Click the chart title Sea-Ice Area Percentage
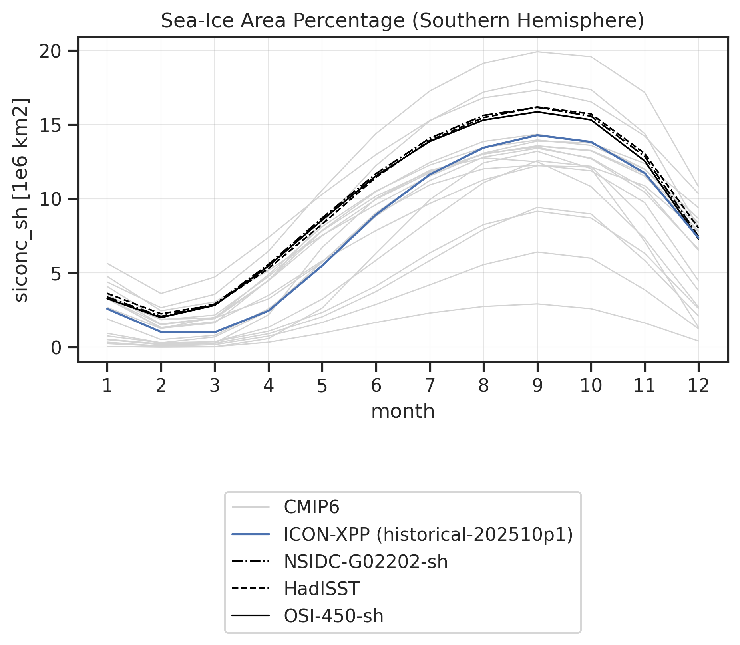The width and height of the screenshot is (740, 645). click(x=286, y=21)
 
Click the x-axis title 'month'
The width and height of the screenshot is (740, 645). click(x=403, y=411)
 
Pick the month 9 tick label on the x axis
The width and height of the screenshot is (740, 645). click(x=537, y=386)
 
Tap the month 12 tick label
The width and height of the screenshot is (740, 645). click(x=698, y=386)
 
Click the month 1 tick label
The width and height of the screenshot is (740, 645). click(x=107, y=386)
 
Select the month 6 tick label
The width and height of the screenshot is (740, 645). click(x=376, y=386)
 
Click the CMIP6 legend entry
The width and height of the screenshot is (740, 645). click(x=312, y=508)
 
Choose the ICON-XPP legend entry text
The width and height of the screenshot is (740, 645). click(x=428, y=535)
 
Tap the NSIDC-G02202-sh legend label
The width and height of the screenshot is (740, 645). click(x=366, y=562)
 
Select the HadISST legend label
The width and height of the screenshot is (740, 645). click(x=322, y=589)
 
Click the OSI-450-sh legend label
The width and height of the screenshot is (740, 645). click(x=334, y=616)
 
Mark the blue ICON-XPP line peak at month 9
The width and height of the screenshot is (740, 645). click(x=537, y=135)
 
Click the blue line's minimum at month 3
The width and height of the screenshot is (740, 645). click(x=215, y=332)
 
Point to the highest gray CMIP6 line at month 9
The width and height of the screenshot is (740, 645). click(x=537, y=52)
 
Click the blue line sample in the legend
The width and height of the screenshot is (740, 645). click(x=251, y=535)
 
